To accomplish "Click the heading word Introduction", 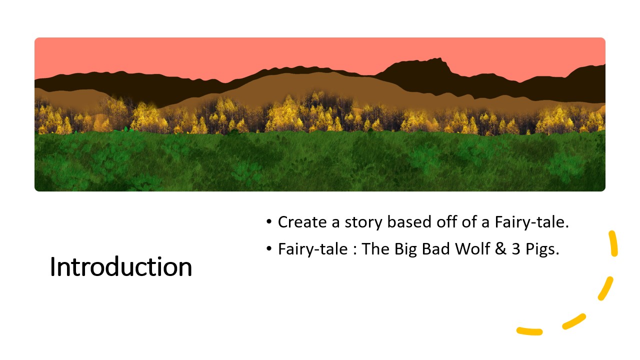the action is pos(121,267).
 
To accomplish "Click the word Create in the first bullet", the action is pos(302,222).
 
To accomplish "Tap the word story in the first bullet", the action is pos(363,223).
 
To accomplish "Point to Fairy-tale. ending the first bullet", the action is pos(531,222).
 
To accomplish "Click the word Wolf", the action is pos(472,248).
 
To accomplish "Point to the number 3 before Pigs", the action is pos(515,249).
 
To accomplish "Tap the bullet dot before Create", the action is pos(268,221).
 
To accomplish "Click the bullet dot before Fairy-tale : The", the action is pos(268,248).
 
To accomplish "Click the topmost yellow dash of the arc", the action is pos(613,243).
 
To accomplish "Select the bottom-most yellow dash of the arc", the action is pos(529,331).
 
